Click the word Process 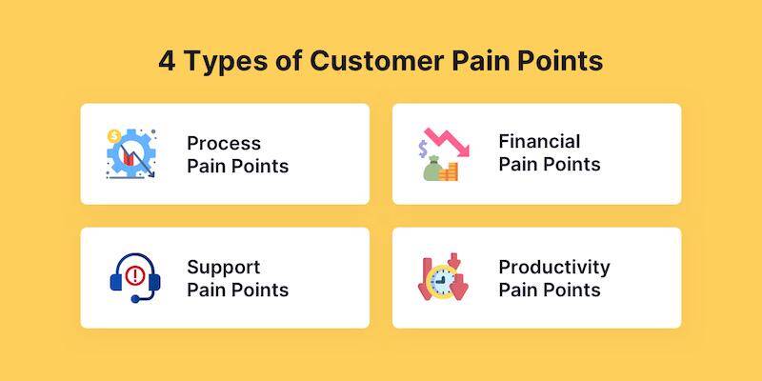coord(224,143)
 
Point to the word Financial coord(539,141)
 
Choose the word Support coord(224,267)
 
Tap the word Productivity coord(554,267)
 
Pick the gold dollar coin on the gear coord(113,135)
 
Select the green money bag coord(431,170)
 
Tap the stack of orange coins coord(451,171)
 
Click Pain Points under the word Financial coord(550,164)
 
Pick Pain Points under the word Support coord(237,290)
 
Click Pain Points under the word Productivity coord(550,290)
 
